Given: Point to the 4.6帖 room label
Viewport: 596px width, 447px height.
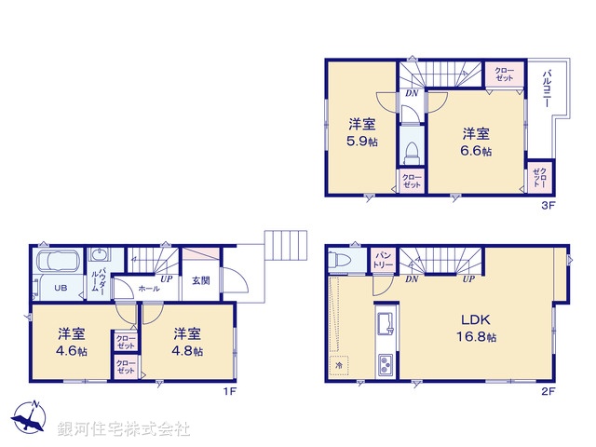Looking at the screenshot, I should click(x=71, y=342).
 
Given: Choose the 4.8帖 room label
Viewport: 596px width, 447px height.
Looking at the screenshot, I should click(x=186, y=342).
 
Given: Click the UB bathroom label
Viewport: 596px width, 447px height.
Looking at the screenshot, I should click(x=60, y=288).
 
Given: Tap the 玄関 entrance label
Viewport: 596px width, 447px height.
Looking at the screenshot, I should click(x=201, y=280).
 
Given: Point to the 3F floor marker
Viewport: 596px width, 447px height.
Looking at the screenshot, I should click(x=549, y=205).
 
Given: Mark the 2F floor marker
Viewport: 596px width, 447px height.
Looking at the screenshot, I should click(x=549, y=391).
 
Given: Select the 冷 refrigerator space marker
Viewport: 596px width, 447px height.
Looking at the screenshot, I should click(x=339, y=366).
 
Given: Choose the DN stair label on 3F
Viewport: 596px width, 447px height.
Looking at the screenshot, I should click(x=411, y=92).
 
